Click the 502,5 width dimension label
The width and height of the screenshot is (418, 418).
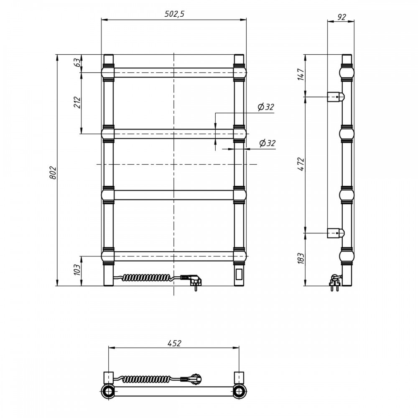point(174,14)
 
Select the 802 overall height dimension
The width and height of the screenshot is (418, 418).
point(53,173)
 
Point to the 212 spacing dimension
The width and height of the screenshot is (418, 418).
point(77,102)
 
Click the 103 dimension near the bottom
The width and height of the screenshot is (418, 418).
point(77,270)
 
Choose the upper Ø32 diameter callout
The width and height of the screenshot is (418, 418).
point(266,107)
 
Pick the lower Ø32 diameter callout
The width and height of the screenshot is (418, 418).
point(268,143)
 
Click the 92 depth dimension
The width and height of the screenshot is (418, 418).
point(342,17)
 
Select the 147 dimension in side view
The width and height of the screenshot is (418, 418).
point(301,74)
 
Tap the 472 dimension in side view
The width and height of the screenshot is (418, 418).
point(301,164)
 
